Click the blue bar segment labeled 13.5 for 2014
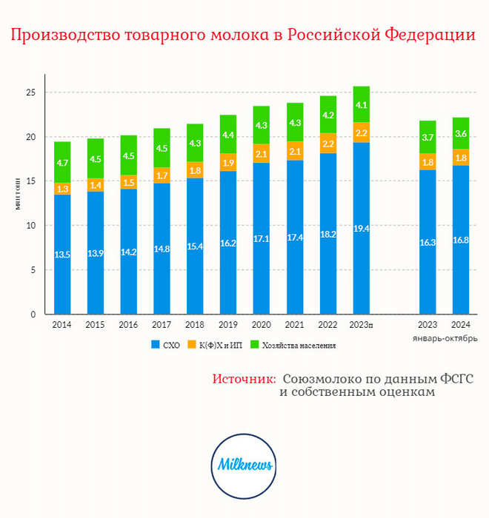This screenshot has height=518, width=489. click(62, 254)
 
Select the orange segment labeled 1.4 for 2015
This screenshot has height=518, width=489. click(95, 184)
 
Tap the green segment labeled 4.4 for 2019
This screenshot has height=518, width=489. click(227, 135)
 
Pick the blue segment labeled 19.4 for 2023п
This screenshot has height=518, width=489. click(361, 228)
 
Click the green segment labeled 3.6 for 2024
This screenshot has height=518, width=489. click(461, 133)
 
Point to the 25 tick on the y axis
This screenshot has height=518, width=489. click(31, 93)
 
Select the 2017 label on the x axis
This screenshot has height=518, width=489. click(162, 324)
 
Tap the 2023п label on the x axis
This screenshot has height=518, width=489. click(361, 324)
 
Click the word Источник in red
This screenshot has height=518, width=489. click(244, 379)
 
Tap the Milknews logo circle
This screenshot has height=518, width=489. click(245, 465)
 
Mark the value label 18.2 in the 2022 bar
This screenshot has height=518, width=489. click(327, 234)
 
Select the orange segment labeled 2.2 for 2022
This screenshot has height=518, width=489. click(327, 143)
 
